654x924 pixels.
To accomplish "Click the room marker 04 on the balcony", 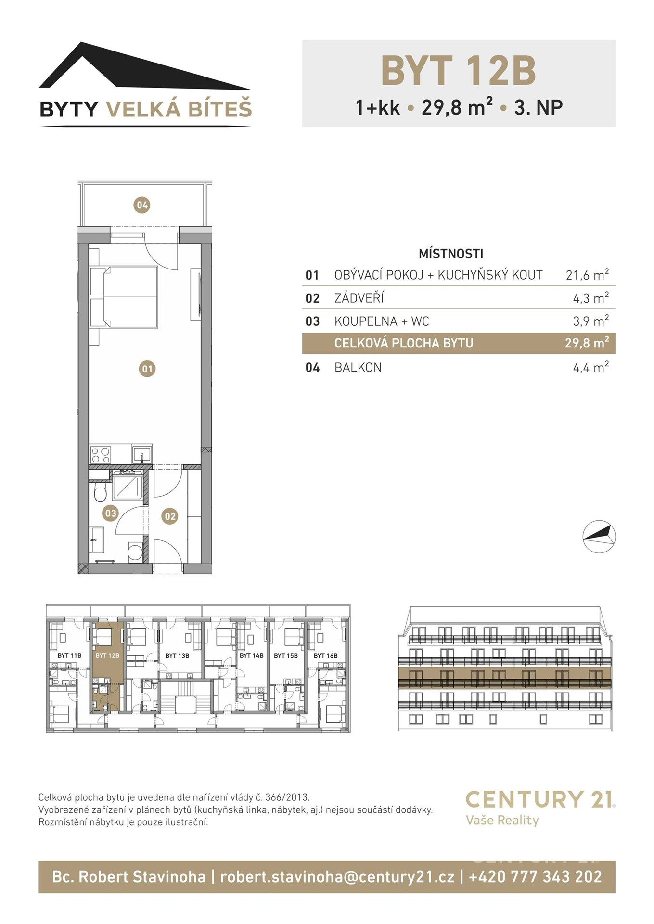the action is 142,205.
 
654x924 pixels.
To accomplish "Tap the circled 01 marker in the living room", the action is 147,369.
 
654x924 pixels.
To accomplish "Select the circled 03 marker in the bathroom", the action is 111,513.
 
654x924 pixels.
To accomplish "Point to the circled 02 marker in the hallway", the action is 170,516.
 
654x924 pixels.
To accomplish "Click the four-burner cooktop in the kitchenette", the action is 101,455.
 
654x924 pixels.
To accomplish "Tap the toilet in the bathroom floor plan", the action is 100,493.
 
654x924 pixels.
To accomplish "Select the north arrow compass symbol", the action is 599,536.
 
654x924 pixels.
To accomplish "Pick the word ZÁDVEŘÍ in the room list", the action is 359,298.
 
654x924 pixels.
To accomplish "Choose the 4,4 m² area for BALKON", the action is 590,367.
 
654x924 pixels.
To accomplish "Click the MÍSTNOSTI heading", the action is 451,254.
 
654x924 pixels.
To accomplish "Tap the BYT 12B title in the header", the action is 458,70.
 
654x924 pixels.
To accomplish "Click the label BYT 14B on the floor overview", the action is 251,655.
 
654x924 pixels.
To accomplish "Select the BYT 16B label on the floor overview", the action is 325,655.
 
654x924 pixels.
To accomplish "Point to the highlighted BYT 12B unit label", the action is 107,655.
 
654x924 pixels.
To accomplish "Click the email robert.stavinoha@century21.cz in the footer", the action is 337,876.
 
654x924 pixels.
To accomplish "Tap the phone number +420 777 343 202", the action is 535,876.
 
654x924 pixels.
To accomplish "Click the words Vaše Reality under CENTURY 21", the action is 502,820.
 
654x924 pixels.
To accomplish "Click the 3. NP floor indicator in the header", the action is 539,107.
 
